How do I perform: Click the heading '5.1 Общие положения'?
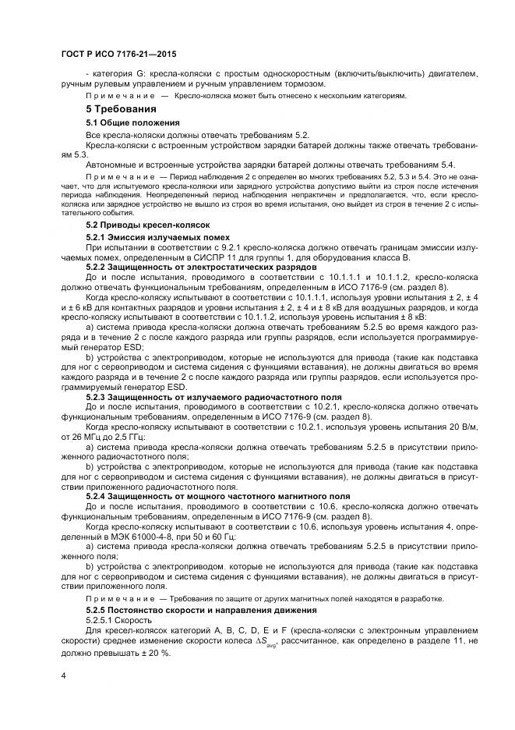pos(132,123)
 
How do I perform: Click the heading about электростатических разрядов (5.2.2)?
pos(186,267)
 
